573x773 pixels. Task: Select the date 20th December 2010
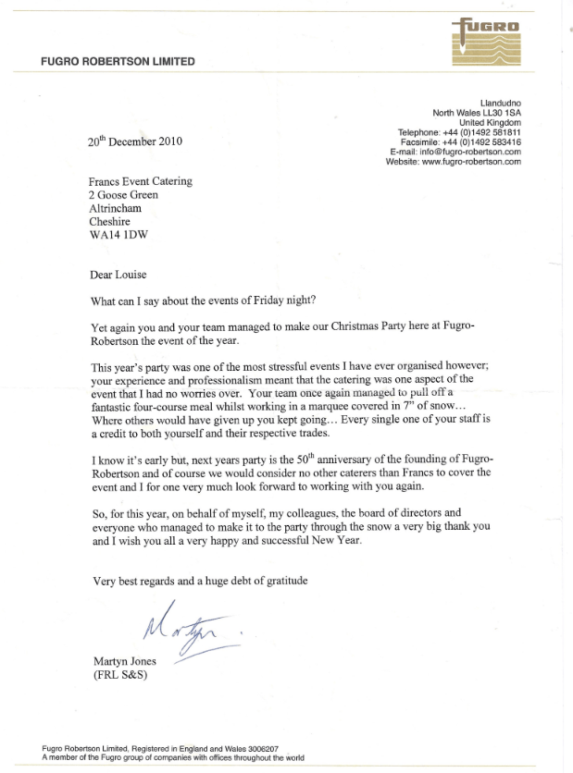pyautogui.click(x=135, y=142)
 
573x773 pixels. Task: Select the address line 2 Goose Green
pyautogui.click(x=123, y=195)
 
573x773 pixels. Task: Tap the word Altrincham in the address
pyautogui.click(x=115, y=209)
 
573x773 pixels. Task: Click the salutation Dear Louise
pyautogui.click(x=118, y=275)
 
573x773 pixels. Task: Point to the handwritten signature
pyautogui.click(x=185, y=631)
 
